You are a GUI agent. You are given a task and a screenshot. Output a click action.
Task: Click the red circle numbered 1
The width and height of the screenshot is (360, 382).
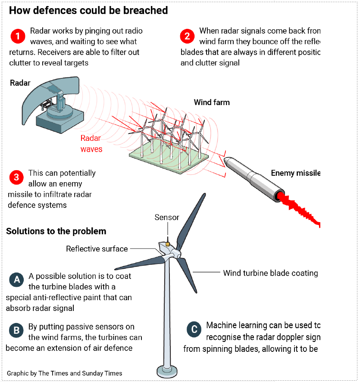pos(18,37)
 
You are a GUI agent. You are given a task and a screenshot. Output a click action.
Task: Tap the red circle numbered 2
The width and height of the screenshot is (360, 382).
pos(187,37)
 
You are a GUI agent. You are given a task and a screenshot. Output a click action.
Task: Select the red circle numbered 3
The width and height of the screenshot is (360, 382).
pos(16,177)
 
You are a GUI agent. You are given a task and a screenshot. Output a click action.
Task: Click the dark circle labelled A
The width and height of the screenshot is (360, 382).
pos(16,280)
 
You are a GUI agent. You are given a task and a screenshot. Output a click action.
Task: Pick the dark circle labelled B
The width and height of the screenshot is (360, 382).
pos(16,330)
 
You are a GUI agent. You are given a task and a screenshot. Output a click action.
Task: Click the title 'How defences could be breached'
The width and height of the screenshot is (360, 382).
pos(88,10)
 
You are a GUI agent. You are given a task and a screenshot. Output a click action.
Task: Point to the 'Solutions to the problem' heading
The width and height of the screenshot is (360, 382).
pos(56,231)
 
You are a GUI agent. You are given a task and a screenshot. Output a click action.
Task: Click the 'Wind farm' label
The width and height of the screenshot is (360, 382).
pos(212,102)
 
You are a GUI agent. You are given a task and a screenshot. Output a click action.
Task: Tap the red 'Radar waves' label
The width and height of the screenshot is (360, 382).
pos(91,143)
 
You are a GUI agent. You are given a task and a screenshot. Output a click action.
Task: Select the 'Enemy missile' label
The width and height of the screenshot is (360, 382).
pos(295,173)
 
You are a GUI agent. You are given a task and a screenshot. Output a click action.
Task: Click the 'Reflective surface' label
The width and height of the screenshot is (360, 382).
pos(97,248)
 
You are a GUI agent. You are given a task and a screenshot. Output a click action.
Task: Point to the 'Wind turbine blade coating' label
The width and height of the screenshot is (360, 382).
pos(270,273)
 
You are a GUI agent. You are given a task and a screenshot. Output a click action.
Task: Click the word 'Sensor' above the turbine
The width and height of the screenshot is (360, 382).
pos(167,217)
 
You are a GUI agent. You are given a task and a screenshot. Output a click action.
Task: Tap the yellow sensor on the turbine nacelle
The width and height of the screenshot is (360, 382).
pos(168,243)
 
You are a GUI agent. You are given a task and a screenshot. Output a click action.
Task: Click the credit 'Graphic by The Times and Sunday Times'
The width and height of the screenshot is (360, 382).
pos(65,373)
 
